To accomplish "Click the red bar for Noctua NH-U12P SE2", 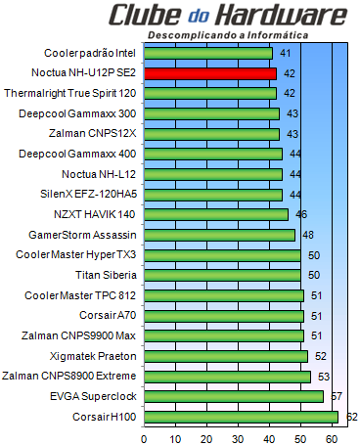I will point(209,72).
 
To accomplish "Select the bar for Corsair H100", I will point(241,417).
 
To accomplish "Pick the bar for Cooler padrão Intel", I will point(208,52).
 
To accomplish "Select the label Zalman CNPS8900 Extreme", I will point(70,376).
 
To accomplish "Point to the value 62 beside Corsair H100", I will point(352,417).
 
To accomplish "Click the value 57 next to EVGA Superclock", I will point(337,396).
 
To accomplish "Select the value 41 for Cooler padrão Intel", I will point(286,52).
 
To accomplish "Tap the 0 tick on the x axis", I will point(145,437).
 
